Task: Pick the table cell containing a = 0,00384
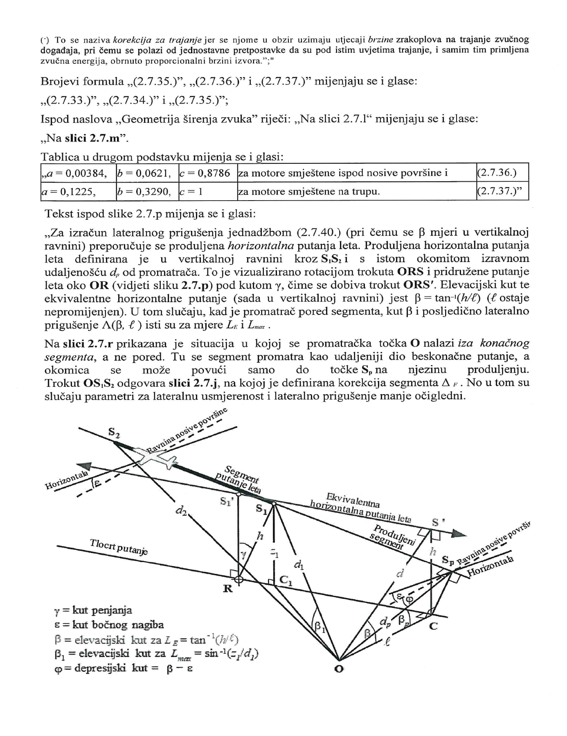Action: click(x=78, y=173)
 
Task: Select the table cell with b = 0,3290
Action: click(x=146, y=192)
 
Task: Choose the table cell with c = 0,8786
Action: click(x=207, y=173)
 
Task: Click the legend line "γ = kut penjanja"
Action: click(x=93, y=610)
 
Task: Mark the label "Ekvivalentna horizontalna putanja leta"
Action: click(x=360, y=510)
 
